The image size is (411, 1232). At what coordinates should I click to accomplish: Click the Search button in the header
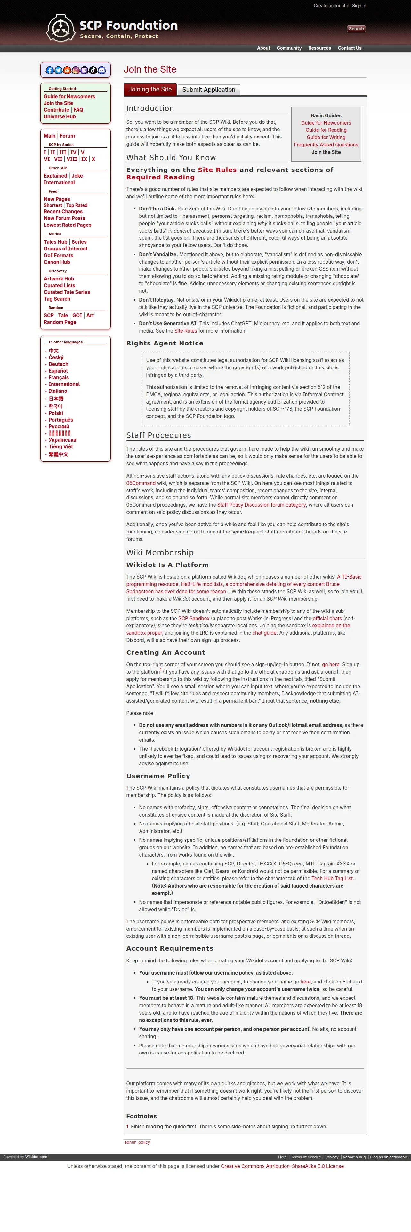[356, 29]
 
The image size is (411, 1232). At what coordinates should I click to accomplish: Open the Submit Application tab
[209, 90]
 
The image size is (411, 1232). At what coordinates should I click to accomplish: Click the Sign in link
[359, 6]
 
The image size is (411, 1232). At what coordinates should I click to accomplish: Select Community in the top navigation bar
[289, 48]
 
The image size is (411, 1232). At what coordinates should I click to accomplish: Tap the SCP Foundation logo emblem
[61, 28]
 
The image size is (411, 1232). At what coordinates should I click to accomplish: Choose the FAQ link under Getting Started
[78, 110]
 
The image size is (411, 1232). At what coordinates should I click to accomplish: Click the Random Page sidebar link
[60, 322]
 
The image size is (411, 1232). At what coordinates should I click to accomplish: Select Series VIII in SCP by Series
[72, 159]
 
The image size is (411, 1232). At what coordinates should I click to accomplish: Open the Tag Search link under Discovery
[57, 299]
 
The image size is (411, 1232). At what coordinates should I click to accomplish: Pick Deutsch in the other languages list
[58, 364]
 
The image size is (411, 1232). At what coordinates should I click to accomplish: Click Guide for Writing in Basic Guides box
[326, 137]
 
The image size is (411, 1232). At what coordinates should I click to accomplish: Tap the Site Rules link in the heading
[217, 170]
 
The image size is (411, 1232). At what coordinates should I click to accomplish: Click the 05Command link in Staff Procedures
[141, 483]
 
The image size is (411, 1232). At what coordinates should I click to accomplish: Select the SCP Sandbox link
[194, 618]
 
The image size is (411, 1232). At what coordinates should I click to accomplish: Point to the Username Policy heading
[158, 776]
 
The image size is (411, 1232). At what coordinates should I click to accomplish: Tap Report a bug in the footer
[354, 1157]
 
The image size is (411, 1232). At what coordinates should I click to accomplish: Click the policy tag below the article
[144, 1142]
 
